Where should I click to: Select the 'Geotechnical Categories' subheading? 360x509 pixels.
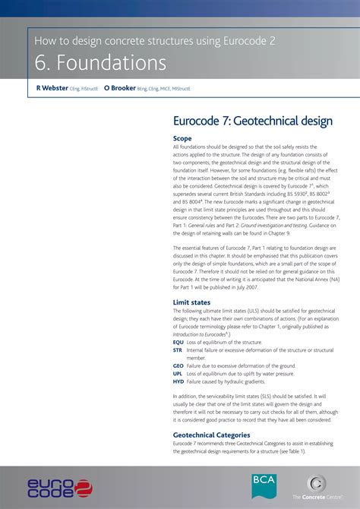click(x=212, y=435)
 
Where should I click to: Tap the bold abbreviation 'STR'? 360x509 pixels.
click(x=178, y=350)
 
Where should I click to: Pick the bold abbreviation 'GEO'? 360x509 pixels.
click(x=178, y=366)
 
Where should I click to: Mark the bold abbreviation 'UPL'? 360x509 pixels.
click(x=178, y=374)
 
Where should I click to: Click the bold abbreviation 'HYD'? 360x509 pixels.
click(x=178, y=382)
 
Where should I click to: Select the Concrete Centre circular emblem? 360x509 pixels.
click(x=317, y=483)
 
